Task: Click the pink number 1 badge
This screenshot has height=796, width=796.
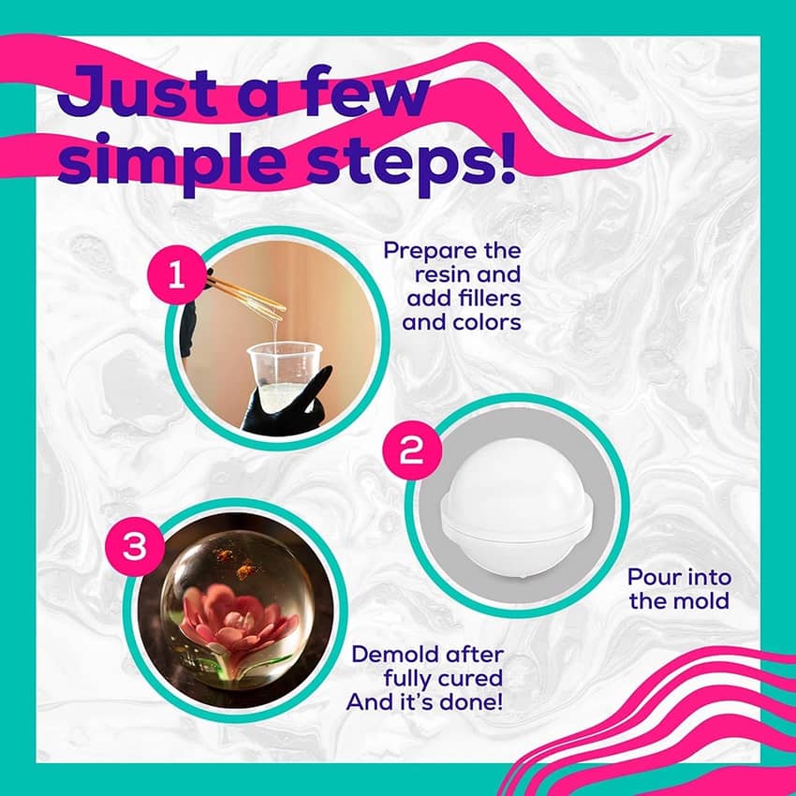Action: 176,275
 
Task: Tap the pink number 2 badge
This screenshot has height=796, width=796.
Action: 411,450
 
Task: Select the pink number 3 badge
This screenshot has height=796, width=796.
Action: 135,547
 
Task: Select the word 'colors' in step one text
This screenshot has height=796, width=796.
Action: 487,322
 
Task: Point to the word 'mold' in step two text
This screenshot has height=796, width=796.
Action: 703,601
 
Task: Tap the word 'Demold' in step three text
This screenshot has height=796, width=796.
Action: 390,655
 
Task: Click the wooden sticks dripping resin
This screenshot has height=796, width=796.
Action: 247,293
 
